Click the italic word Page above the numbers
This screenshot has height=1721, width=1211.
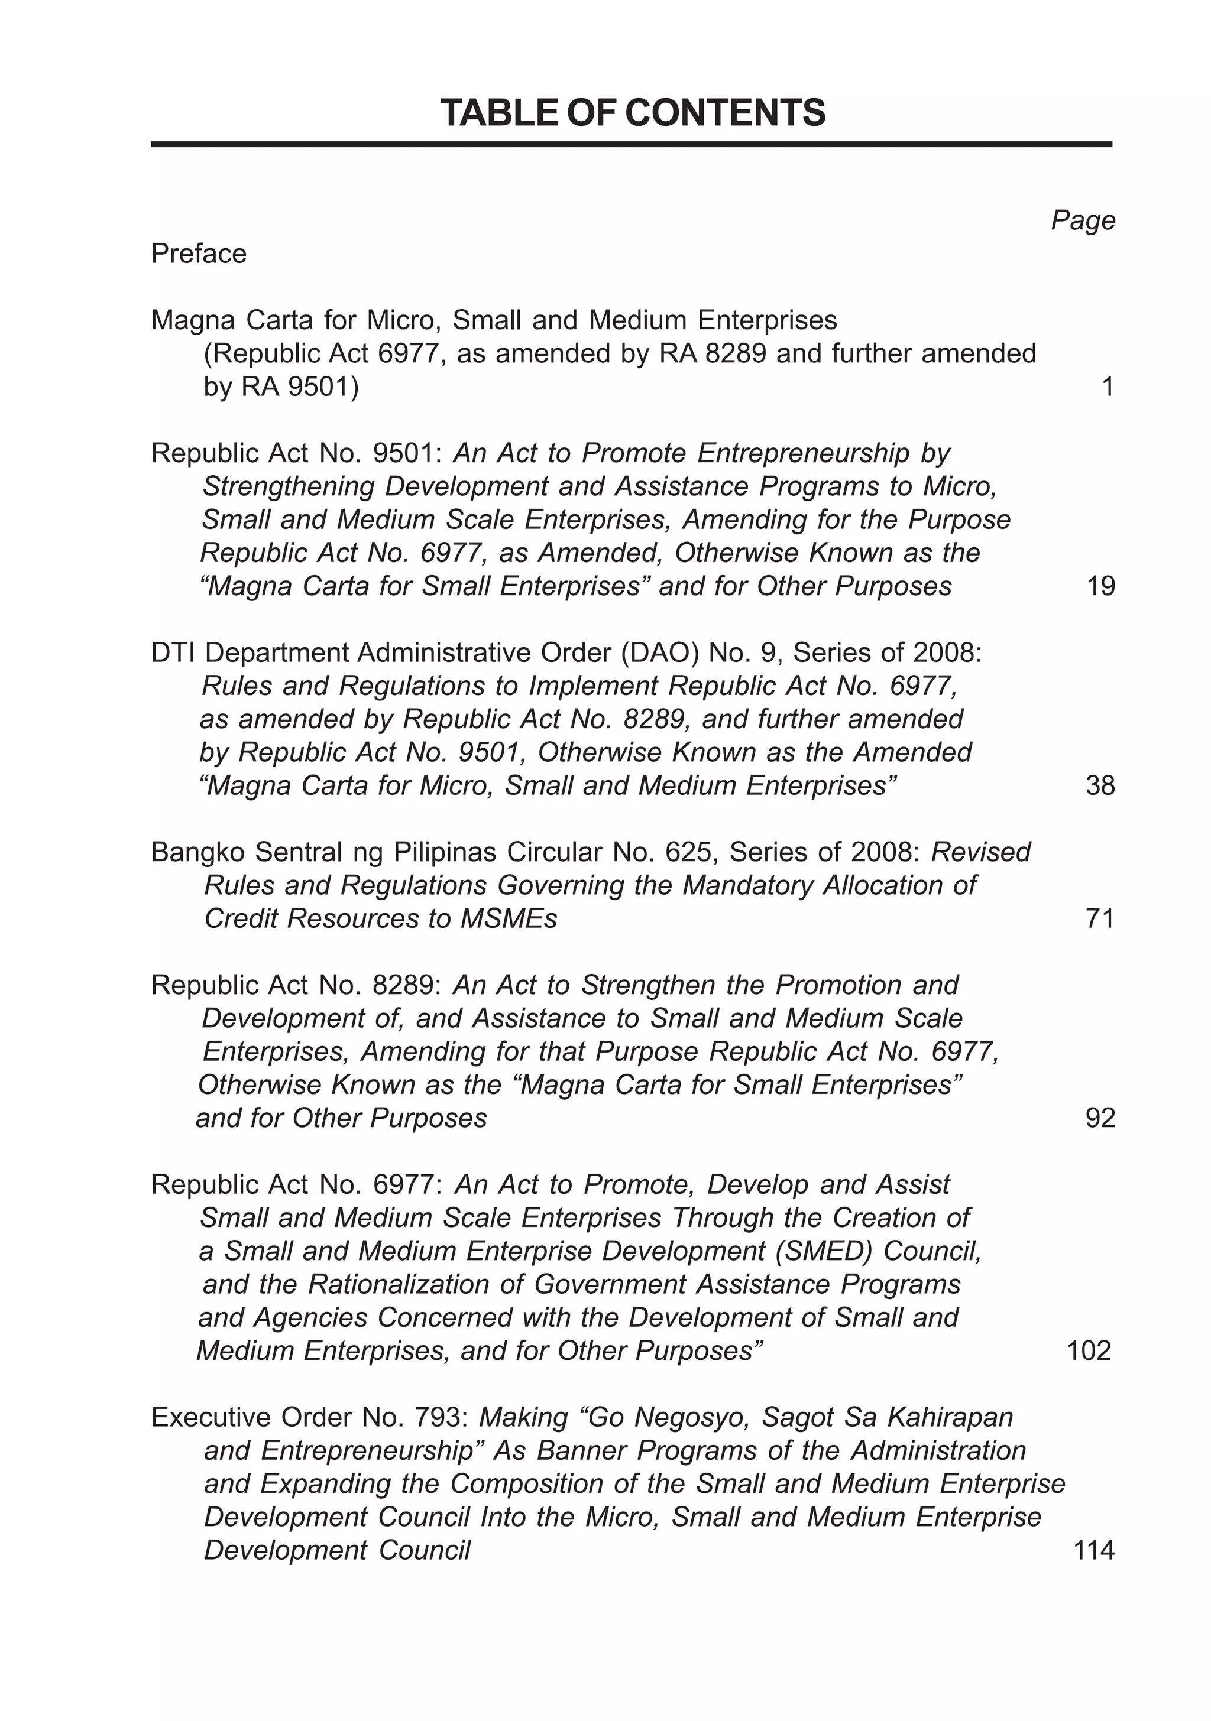1082,220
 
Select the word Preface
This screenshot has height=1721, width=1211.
199,254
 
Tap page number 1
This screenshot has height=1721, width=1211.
1108,388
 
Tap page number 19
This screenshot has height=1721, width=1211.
1100,586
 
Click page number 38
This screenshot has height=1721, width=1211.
1100,786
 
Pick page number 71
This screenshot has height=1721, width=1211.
1100,919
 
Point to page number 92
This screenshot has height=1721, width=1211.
1100,1118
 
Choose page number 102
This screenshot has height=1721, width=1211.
1088,1350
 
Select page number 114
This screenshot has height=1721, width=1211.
1094,1550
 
